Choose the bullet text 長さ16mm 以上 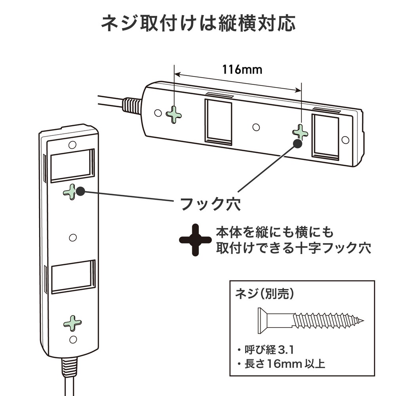point(284,364)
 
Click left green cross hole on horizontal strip point(173,114)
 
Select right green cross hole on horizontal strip point(300,131)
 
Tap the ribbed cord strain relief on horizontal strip point(132,106)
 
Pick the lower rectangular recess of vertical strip point(72,277)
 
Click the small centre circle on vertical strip point(72,237)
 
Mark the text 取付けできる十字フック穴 point(293,248)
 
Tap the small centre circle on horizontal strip point(256,127)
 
